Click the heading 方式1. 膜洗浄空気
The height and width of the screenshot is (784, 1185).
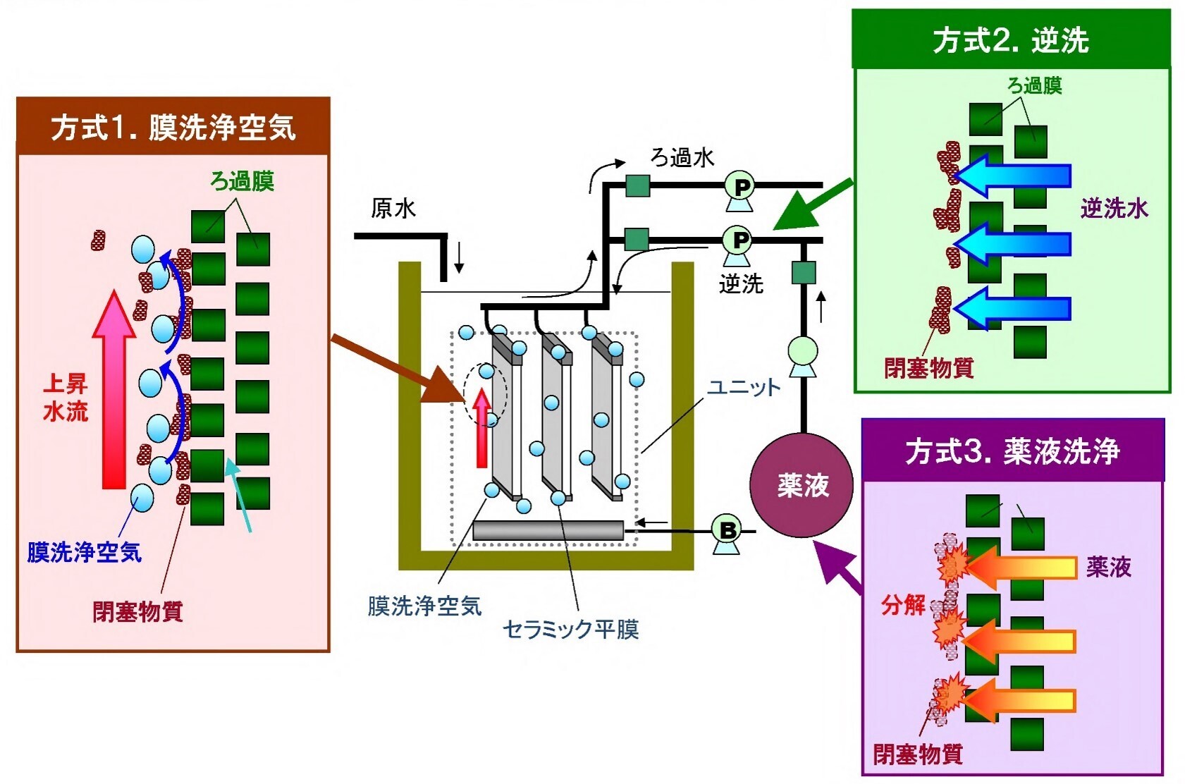(173, 128)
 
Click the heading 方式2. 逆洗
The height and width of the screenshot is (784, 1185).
(1010, 40)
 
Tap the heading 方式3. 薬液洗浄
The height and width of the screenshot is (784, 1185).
(1012, 451)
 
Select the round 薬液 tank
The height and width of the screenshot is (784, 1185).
(802, 485)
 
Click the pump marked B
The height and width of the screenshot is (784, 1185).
(727, 531)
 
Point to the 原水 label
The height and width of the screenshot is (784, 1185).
(393, 209)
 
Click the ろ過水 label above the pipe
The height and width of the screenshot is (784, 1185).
(682, 157)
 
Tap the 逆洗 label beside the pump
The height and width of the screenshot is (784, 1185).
(741, 284)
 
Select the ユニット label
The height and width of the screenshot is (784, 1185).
(744, 387)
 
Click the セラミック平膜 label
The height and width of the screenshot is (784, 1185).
(570, 629)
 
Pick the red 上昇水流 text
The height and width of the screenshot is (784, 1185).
(65, 398)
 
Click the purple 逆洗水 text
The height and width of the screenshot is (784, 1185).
(1114, 209)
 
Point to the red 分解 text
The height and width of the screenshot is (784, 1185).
(903, 605)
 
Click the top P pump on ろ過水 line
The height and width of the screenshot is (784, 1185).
(739, 189)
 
